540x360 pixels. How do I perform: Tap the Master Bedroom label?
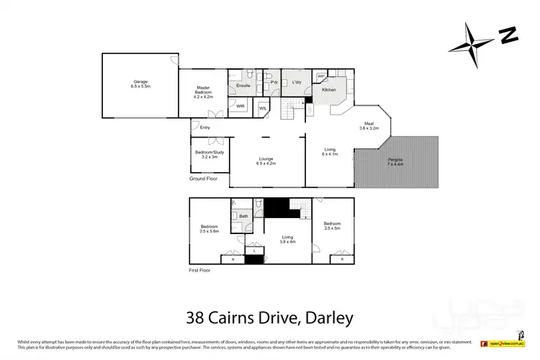pyautogui.click(x=204, y=90)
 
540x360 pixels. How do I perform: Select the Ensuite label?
pyautogui.click(x=243, y=86)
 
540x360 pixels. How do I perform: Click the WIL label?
pyautogui.click(x=263, y=108)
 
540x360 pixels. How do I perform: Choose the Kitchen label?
pyautogui.click(x=328, y=90)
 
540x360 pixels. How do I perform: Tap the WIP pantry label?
pyautogui.click(x=320, y=76)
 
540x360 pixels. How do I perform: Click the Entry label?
pyautogui.click(x=205, y=128)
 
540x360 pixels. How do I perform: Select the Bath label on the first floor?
pyautogui.click(x=243, y=216)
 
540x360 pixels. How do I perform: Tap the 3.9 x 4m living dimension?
pyautogui.click(x=288, y=242)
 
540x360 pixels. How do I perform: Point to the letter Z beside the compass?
pyautogui.click(x=509, y=34)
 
